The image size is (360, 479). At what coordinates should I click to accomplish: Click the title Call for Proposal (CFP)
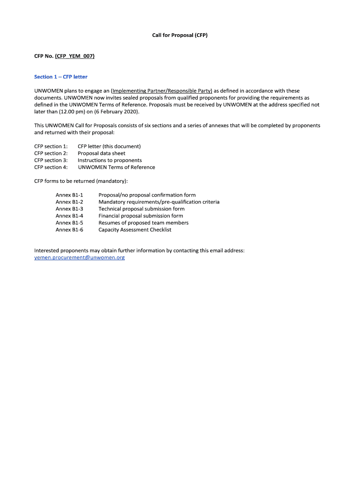pyautogui.click(x=180, y=35)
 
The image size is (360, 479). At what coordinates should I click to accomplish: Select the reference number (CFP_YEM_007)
pyautogui.click(x=75, y=56)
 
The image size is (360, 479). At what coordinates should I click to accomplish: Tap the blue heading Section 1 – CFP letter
pyautogui.click(x=61, y=77)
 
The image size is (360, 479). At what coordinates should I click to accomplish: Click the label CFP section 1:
pyautogui.click(x=51, y=146)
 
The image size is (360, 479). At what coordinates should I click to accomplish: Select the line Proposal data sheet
pyautogui.click(x=101, y=153)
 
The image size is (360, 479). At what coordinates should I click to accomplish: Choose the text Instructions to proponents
pyautogui.click(x=110, y=160)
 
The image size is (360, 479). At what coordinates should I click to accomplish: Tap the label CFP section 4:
pyautogui.click(x=51, y=167)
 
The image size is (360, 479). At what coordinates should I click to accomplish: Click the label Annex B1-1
pyautogui.click(x=69, y=195)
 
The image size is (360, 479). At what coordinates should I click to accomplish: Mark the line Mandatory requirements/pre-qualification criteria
pyautogui.click(x=159, y=202)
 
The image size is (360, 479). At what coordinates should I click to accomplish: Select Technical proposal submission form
pyautogui.click(x=141, y=209)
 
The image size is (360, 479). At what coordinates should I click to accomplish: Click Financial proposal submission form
pyautogui.click(x=141, y=216)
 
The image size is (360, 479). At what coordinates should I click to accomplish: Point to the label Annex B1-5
pyautogui.click(x=69, y=223)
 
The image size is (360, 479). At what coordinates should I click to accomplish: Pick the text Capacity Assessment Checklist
pyautogui.click(x=135, y=230)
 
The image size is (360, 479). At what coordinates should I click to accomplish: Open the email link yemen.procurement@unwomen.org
pyautogui.click(x=79, y=258)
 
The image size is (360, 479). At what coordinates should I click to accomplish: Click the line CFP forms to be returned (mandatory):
pyautogui.click(x=81, y=181)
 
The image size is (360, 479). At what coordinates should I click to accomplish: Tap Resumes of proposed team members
pyautogui.click(x=144, y=223)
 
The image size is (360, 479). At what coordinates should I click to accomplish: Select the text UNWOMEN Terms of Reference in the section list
pyautogui.click(x=116, y=167)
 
